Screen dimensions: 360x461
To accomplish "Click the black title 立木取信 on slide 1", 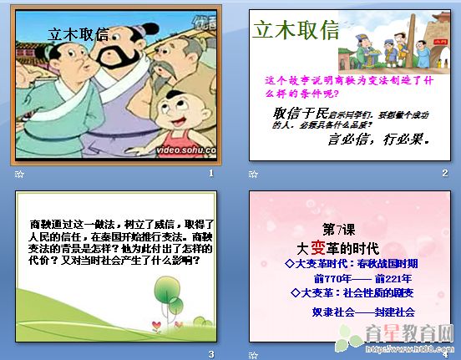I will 79,34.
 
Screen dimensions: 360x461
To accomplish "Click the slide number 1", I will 211,173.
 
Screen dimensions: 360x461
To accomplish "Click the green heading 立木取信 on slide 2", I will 296,32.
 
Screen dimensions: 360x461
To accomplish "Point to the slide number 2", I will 445,173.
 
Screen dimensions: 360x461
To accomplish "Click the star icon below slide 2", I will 253,174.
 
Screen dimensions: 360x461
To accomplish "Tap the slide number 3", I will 211,354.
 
